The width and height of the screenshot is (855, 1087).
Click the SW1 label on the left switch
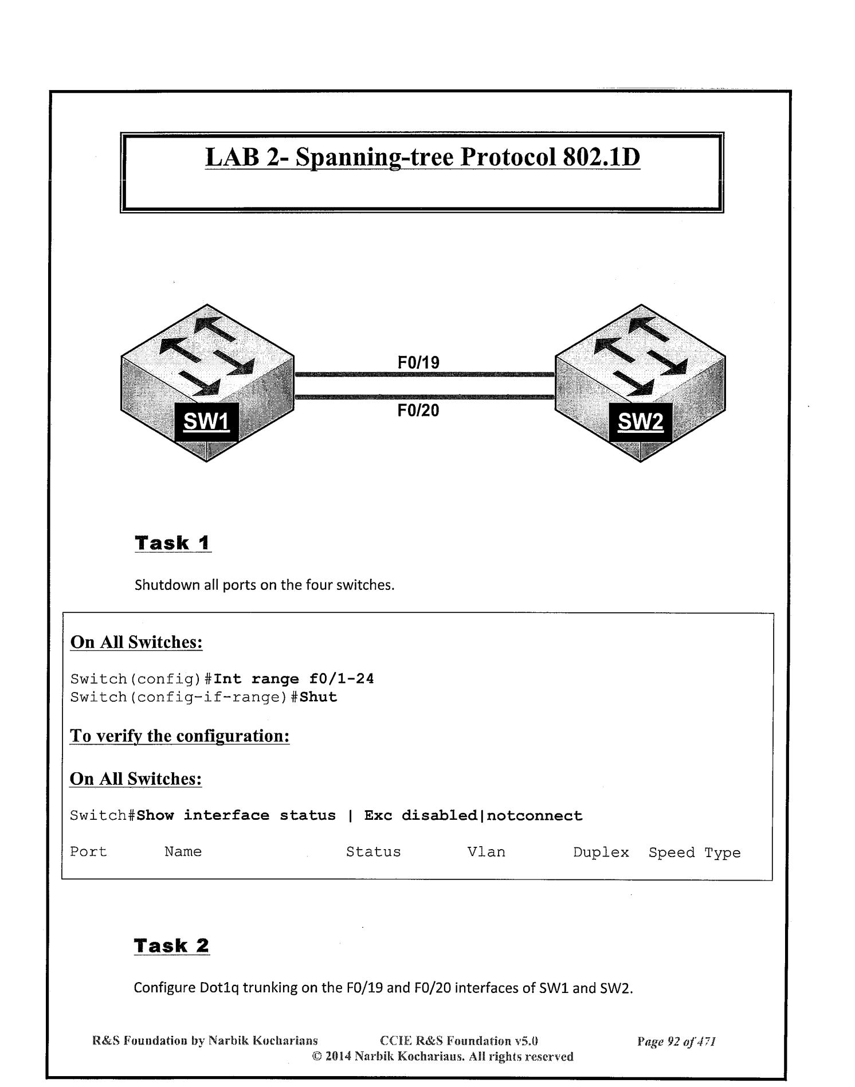tap(206, 422)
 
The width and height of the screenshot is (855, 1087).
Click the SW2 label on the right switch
tap(640, 422)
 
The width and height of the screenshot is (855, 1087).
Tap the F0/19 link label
tap(418, 362)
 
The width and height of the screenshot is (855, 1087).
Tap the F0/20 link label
tap(418, 410)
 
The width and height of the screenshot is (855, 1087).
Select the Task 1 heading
tap(172, 542)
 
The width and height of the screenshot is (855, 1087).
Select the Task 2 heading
tap(172, 945)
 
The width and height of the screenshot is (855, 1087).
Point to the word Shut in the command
tap(318, 698)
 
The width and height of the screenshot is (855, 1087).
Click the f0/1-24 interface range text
tap(342, 679)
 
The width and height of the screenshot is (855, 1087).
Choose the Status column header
tap(373, 852)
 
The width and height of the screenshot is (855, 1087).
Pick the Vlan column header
tap(486, 852)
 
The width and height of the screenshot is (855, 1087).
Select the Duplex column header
tap(601, 853)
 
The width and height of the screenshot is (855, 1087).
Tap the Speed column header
tap(672, 853)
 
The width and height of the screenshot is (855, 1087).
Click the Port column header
tap(88, 852)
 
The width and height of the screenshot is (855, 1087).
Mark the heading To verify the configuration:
tap(179, 736)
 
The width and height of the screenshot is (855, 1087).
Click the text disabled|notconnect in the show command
tap(492, 816)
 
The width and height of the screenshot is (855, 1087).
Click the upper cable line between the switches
tap(424, 375)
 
